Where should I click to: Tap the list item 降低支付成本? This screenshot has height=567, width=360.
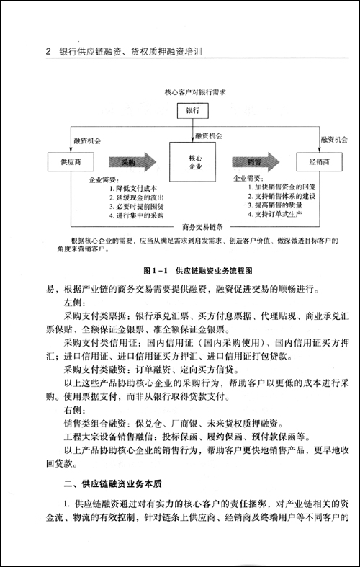(x=134, y=187)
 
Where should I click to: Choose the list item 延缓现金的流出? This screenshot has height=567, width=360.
(x=136, y=196)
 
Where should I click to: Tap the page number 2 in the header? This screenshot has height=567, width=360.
(x=47, y=53)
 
